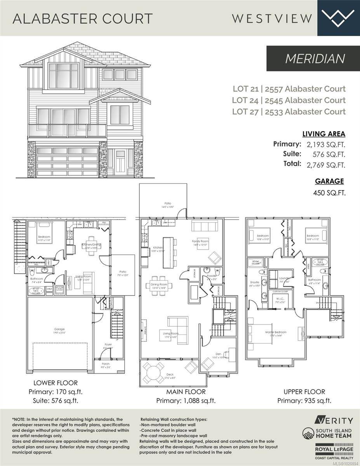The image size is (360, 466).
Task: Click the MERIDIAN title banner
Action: click(x=313, y=59)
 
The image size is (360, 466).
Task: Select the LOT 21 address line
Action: click(x=289, y=89)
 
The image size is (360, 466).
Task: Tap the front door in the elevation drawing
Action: click(x=120, y=162)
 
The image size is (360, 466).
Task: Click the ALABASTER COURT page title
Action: click(x=83, y=18)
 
